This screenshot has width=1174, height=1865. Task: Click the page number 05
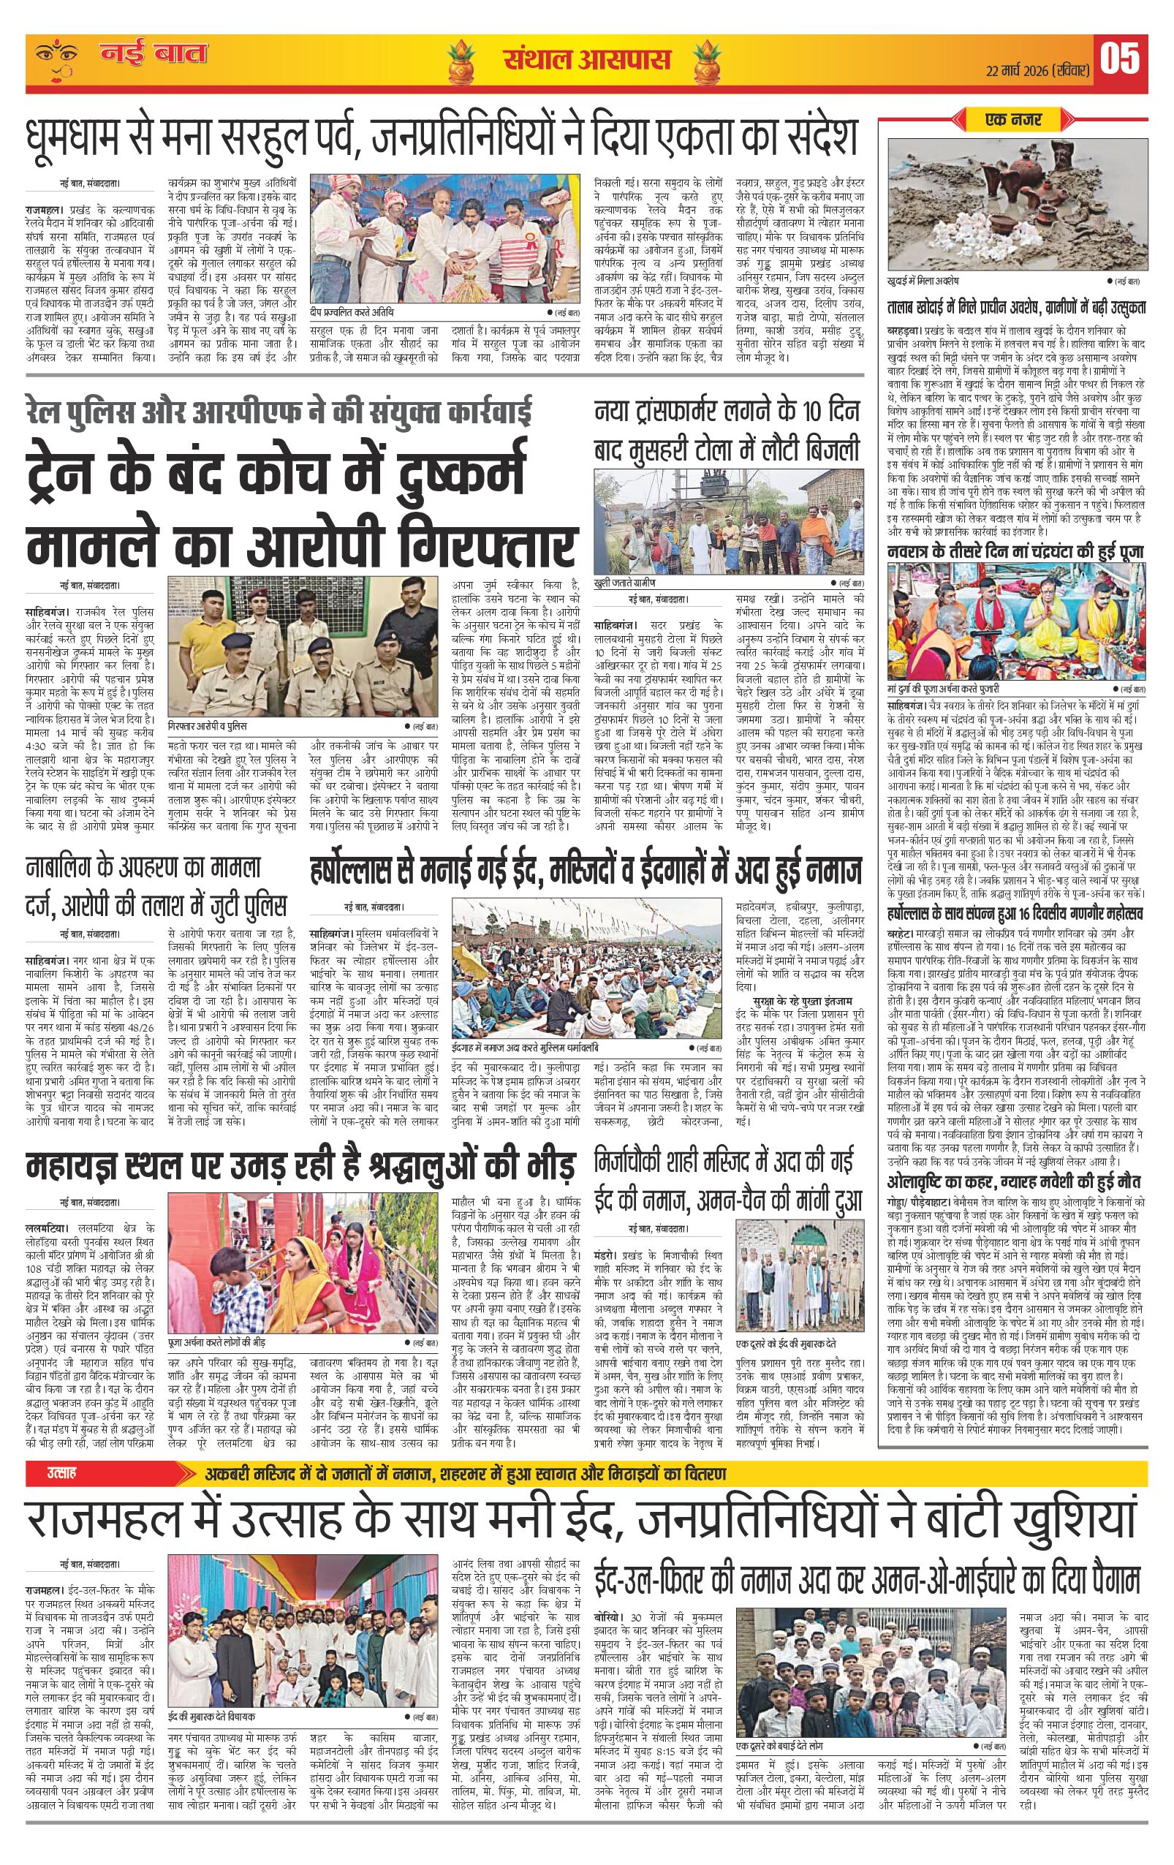pyautogui.click(x=1120, y=59)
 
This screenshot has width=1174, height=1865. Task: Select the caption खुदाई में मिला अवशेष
pyautogui.click(x=926, y=279)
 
